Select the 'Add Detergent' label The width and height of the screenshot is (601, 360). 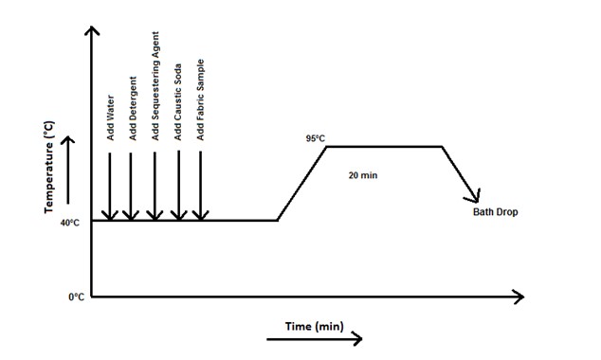click(133, 109)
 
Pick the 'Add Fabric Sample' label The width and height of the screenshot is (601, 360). click(201, 99)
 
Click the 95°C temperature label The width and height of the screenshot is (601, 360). click(315, 139)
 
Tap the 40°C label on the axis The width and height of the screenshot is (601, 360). click(70, 223)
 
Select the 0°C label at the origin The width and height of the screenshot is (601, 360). click(76, 297)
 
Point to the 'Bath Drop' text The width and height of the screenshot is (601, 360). click(496, 212)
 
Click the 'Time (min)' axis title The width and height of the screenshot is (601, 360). click(314, 327)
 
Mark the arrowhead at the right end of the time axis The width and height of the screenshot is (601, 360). click(518, 297)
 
